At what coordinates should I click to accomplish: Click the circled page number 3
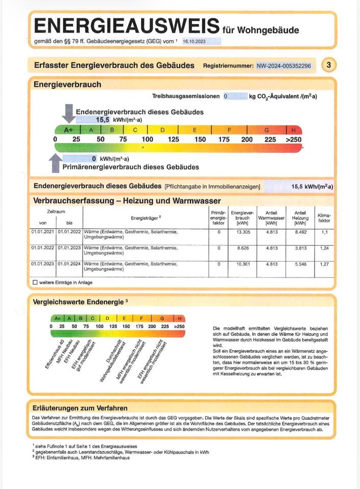[329, 65]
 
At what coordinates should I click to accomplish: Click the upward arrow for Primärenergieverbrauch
[55, 163]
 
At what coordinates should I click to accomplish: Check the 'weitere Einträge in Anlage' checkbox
[35, 282]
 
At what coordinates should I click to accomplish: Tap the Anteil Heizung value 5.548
[300, 264]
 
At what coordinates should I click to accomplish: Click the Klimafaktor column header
[324, 219]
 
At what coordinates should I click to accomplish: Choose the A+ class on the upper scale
[69, 130]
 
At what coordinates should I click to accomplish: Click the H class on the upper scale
[294, 130]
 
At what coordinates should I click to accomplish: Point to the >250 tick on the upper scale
[293, 140]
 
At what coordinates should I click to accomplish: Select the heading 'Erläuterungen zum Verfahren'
[80, 408]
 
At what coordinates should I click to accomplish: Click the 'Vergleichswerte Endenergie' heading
[78, 302]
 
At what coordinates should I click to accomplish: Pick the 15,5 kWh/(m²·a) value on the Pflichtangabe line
[312, 186]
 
